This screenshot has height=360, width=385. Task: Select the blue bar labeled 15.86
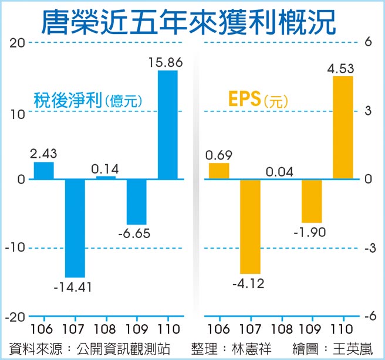coord(168,125)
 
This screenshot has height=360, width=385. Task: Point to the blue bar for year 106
coord(44,171)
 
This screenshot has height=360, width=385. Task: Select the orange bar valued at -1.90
coord(312,201)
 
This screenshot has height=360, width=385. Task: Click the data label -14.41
coord(75,287)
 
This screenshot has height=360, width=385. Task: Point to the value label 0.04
coord(281,172)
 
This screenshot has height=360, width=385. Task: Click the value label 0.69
coord(219,155)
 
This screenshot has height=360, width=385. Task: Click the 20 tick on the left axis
coord(16,43)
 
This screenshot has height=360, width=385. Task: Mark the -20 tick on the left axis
coord(14,316)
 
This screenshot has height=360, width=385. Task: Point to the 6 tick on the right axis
coord(367,43)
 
